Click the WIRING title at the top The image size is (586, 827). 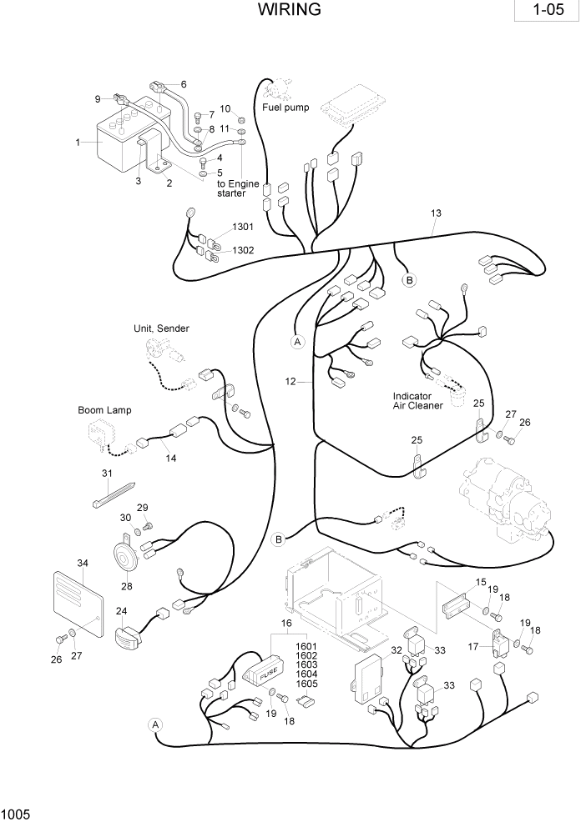click(290, 10)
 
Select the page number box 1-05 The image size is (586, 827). click(547, 13)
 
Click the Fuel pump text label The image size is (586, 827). click(285, 108)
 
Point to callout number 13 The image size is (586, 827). click(435, 213)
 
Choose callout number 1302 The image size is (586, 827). click(243, 250)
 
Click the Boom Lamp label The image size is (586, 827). click(104, 410)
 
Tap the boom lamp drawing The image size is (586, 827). click(99, 434)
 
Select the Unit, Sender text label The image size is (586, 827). click(161, 328)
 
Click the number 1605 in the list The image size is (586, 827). click(307, 684)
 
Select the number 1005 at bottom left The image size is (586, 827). click(16, 813)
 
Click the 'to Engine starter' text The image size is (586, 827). click(232, 188)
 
